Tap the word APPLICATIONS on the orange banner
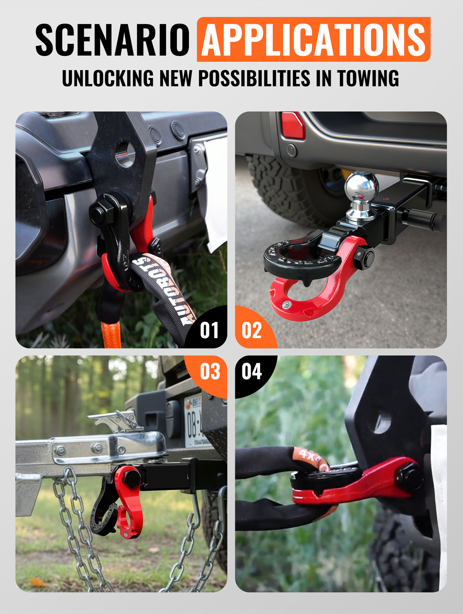coord(313,40)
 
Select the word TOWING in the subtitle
coord(368,78)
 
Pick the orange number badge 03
coord(210,371)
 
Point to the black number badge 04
coord(252,371)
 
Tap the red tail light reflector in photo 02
coord(293,125)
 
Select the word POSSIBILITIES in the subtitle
coord(254,78)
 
